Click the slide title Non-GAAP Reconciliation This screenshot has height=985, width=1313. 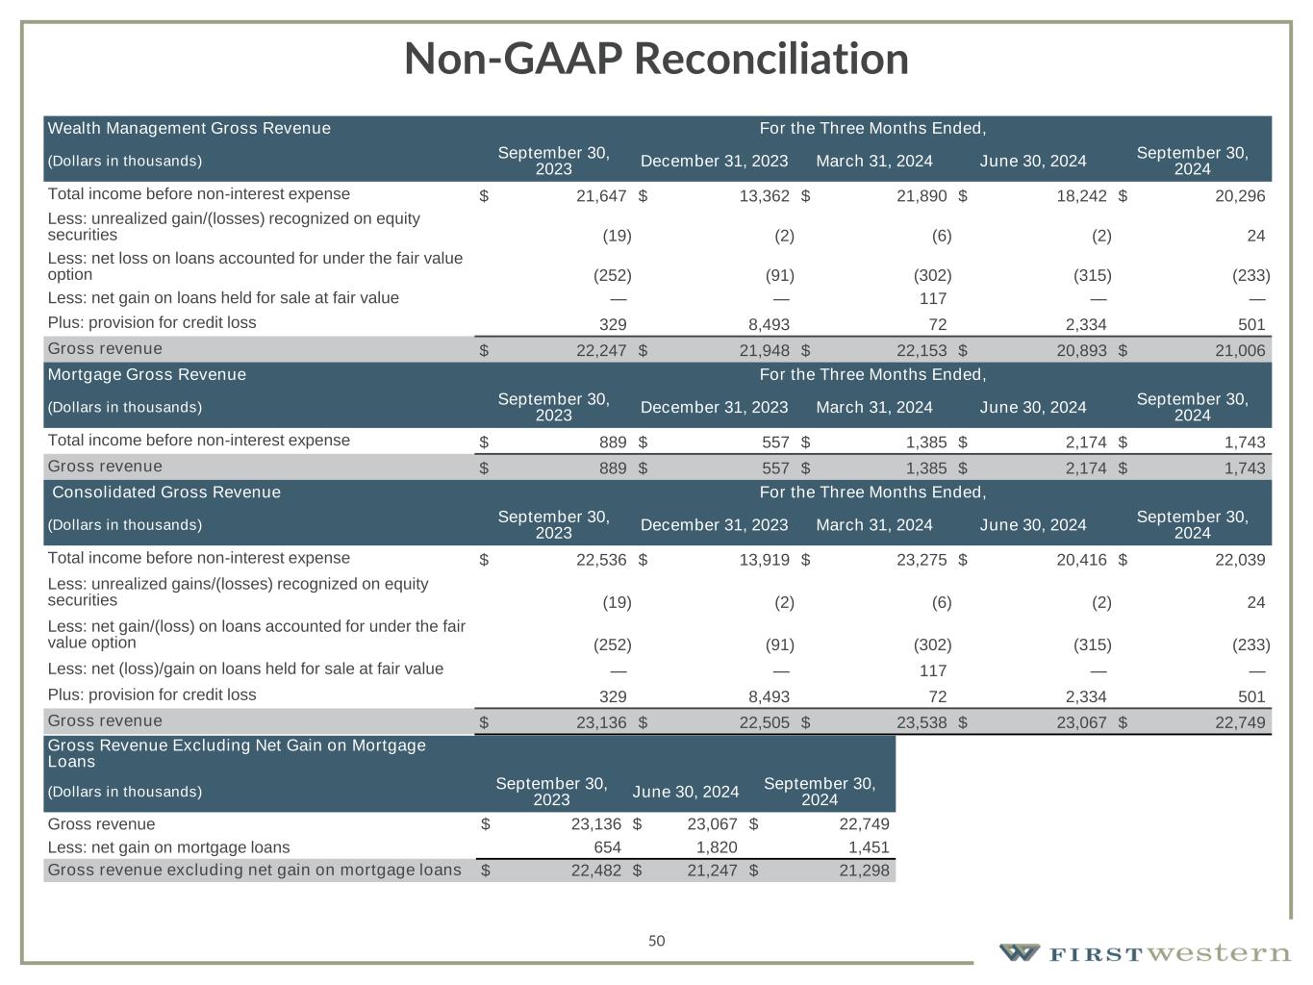pyautogui.click(x=656, y=59)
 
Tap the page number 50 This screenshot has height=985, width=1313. pyautogui.click(x=656, y=941)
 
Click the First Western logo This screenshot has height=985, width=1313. pyautogui.click(x=1144, y=953)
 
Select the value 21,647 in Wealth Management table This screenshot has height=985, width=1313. pyautogui.click(x=601, y=196)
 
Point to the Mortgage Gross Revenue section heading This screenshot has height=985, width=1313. pyautogui.click(x=147, y=374)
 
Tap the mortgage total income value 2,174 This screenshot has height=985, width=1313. pyautogui.click(x=1080, y=442)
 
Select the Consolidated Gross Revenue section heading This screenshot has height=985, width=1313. pyautogui.click(x=166, y=492)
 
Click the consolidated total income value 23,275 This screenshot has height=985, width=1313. pyautogui.click(x=921, y=560)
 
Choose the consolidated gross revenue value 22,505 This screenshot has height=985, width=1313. pyautogui.click(x=764, y=722)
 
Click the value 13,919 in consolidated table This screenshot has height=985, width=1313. pyautogui.click(x=764, y=560)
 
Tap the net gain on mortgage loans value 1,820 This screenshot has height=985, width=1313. pyautogui.click(x=713, y=847)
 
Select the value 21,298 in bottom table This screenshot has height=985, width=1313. pyautogui.click(x=864, y=871)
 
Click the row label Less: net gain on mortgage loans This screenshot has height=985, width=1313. pyautogui.click(x=168, y=847)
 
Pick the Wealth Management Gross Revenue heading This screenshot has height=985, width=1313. pyautogui.click(x=189, y=128)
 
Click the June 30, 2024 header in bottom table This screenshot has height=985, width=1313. pyautogui.click(x=686, y=792)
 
